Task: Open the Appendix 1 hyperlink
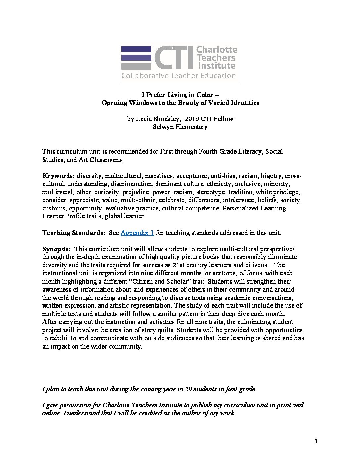[137, 233]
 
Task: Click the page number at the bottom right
[316, 441]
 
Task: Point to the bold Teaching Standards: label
[73, 233]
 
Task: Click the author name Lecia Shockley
[158, 119]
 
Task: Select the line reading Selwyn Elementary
[180, 127]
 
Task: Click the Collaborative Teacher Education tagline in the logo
[178, 76]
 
